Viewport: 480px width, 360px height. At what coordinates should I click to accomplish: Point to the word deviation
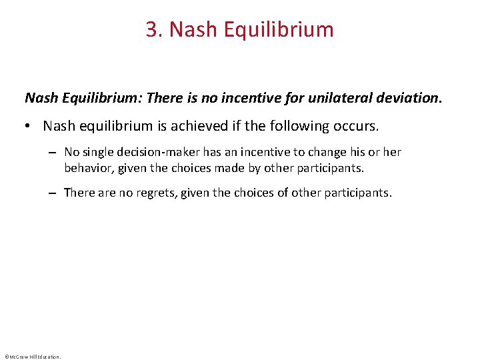(409, 98)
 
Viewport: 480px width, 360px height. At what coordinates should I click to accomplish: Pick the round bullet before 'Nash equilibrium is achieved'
(31, 126)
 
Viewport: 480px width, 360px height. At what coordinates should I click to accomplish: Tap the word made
(205, 167)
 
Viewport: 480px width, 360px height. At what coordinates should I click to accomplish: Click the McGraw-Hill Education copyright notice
(32, 356)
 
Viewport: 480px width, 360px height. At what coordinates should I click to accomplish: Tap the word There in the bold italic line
(163, 98)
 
